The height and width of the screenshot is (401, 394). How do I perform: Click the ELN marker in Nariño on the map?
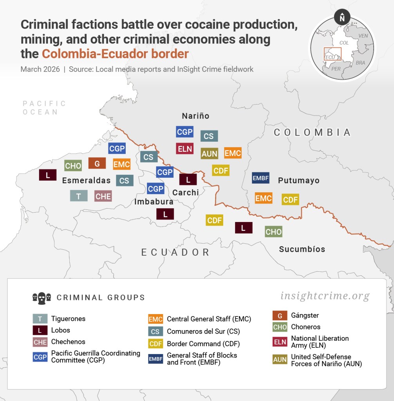click(x=185, y=148)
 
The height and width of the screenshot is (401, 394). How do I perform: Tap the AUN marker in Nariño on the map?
click(x=210, y=154)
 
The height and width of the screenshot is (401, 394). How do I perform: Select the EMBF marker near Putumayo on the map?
click(x=260, y=178)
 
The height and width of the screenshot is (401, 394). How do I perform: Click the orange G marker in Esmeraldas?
click(x=97, y=163)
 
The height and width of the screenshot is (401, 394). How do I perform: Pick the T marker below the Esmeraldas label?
click(x=79, y=195)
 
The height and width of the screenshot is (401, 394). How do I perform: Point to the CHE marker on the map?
click(x=103, y=196)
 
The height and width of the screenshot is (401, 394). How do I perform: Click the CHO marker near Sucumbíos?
click(x=273, y=231)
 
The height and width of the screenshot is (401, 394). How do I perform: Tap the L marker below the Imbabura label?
click(x=165, y=214)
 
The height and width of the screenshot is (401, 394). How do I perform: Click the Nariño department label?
click(x=195, y=116)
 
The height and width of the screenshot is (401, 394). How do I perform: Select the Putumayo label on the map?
click(x=298, y=181)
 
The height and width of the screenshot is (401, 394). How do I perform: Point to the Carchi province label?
click(x=186, y=192)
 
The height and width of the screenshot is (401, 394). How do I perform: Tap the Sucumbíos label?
click(x=302, y=249)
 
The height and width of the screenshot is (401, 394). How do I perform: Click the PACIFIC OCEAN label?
click(x=44, y=108)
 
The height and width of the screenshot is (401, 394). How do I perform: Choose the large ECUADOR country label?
click(x=175, y=252)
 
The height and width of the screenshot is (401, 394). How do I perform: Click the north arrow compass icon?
click(x=342, y=17)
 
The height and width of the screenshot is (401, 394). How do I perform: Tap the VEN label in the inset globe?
click(x=363, y=36)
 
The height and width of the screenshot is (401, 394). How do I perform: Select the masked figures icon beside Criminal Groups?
click(x=42, y=298)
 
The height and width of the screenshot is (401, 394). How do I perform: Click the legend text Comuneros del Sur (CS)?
click(x=203, y=331)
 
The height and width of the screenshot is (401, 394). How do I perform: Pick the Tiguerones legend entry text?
click(x=68, y=319)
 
